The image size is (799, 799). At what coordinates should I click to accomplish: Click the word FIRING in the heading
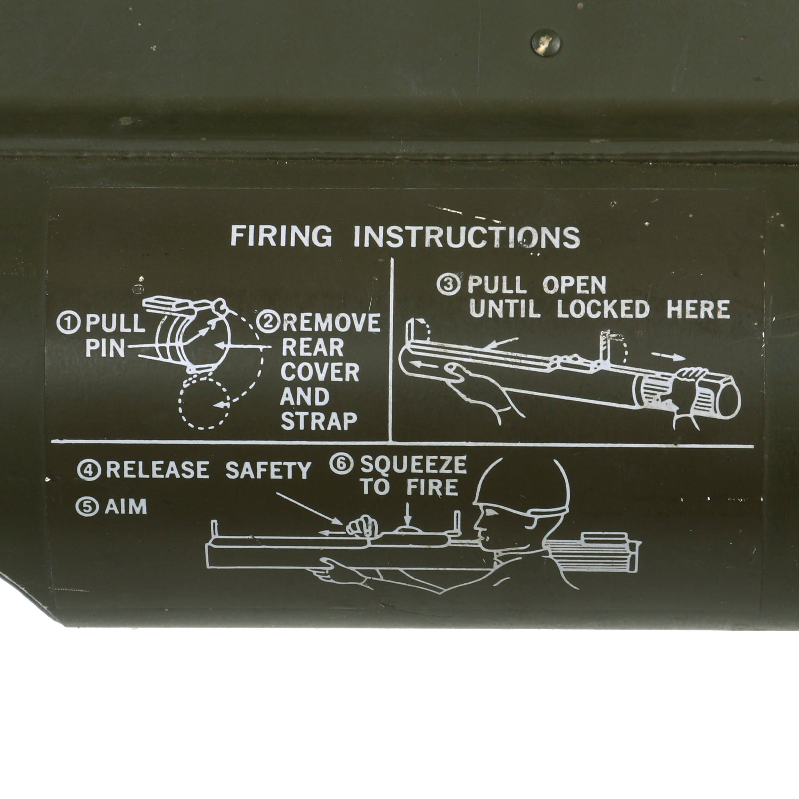[x=281, y=236]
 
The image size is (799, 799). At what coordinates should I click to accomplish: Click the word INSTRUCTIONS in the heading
[x=467, y=237]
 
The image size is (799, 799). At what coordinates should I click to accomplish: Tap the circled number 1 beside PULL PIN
[x=68, y=324]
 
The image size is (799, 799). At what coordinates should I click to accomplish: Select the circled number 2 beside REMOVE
[x=268, y=322]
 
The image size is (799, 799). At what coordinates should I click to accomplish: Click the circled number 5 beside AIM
[x=87, y=507]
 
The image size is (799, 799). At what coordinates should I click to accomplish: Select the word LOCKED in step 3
[x=603, y=309]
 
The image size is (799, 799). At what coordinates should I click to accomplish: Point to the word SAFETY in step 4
[x=268, y=470]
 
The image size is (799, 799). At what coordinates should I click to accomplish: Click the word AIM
[x=126, y=507]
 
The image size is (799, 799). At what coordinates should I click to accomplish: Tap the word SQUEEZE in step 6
[x=413, y=465]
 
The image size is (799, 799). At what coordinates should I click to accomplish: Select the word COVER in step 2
[x=320, y=372]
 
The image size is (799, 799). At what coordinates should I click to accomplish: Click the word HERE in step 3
[x=698, y=309]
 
